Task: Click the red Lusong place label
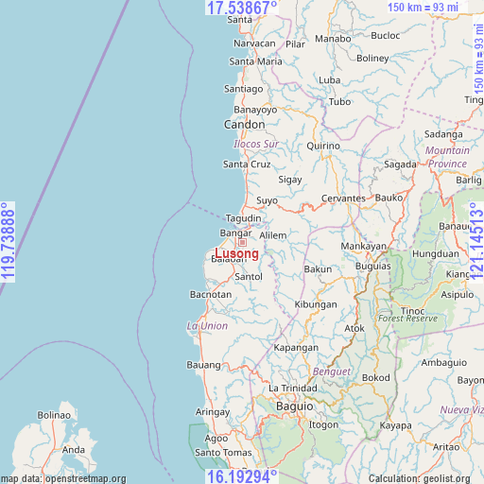(236, 253)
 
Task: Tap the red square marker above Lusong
(242, 243)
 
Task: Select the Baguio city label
(294, 406)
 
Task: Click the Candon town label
(244, 125)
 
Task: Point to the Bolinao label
(54, 415)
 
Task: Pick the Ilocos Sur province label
(256, 144)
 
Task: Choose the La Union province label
(207, 326)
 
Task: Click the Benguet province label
(332, 372)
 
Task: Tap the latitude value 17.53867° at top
(242, 8)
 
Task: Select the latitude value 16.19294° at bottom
(242, 475)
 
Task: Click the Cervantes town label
(344, 198)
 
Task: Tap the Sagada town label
(401, 164)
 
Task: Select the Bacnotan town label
(211, 295)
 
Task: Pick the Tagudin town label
(243, 218)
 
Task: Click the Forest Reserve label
(408, 320)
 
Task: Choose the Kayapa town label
(395, 425)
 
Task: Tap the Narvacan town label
(254, 43)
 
